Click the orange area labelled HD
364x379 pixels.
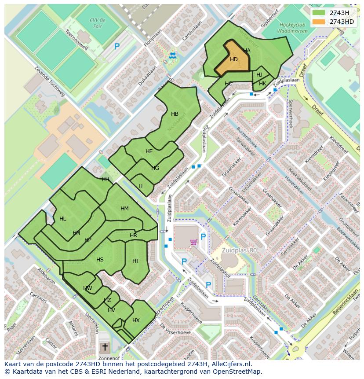point(233,59)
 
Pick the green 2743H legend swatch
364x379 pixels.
point(319,13)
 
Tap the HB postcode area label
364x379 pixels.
point(175,114)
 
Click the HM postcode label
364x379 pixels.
point(124,209)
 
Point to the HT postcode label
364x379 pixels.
point(136,261)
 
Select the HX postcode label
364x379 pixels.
point(136,320)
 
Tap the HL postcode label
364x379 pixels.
point(62,219)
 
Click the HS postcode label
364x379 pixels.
point(100,260)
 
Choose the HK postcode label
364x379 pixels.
point(262,84)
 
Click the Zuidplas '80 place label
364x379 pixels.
point(240,250)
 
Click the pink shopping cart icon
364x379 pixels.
point(193,241)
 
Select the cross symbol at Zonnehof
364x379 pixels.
point(105,347)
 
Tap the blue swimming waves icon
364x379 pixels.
point(172,55)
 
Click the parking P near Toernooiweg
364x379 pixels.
point(117,46)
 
